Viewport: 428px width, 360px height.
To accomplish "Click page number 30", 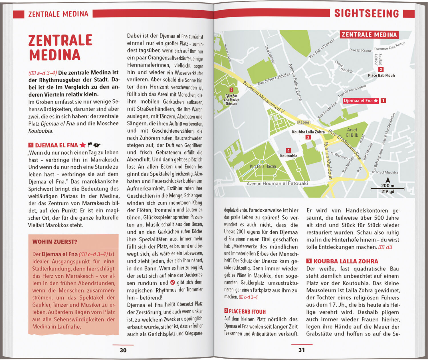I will coord(123,350).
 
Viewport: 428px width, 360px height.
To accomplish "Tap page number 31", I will coord(302,350).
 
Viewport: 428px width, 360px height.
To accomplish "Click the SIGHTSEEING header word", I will coord(366,13).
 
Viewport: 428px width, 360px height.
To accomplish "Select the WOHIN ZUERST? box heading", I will coord(55,242).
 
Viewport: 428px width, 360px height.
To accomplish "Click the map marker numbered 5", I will coord(231,90).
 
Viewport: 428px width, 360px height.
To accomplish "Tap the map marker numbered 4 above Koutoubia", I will coord(288,150).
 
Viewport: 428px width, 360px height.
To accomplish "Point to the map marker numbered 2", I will coord(381,69).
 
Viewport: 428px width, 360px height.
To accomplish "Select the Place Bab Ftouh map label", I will coord(381,75).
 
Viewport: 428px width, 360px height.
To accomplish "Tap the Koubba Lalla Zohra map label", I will coord(308,132).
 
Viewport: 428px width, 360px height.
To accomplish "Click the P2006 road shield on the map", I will coord(303,122).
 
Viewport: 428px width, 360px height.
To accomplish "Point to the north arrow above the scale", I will coord(388,180).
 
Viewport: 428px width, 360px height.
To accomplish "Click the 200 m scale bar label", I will coord(387,185).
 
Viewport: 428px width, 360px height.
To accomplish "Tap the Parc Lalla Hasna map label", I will coord(263,166).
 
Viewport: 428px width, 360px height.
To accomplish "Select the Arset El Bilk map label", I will coord(352,132).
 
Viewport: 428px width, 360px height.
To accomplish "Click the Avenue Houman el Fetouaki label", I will coord(277,183).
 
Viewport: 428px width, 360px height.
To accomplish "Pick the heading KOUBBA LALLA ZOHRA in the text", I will coord(346,261).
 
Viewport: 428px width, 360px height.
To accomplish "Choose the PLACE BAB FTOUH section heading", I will coord(247,312).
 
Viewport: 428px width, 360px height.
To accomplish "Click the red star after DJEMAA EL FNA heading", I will coord(83,145).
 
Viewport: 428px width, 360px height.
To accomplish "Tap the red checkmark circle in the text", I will coord(172,282).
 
